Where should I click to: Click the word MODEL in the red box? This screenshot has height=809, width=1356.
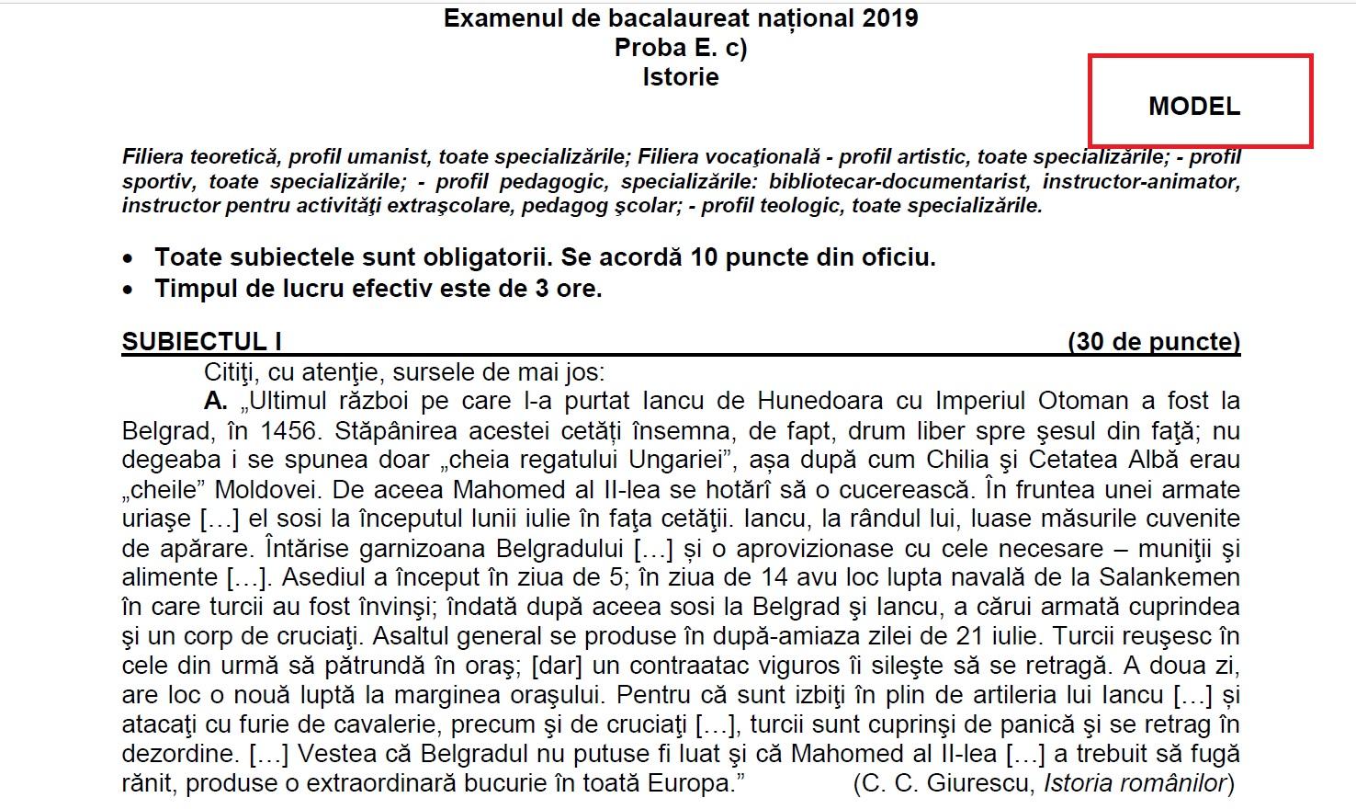click(1193, 107)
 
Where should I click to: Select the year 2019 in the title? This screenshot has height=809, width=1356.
click(890, 18)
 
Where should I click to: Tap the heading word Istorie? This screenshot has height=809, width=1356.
click(681, 77)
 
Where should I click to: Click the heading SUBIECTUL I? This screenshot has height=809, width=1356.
click(202, 342)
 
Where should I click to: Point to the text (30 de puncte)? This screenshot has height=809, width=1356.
click(1154, 342)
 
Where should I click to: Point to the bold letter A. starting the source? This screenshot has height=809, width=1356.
click(216, 401)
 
